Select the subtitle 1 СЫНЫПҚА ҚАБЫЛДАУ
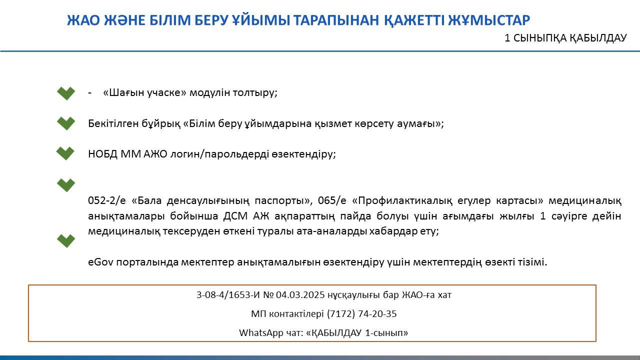coord(565,38)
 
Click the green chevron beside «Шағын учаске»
coord(66,93)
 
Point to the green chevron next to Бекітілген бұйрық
coord(66,123)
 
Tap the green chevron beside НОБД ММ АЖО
coord(65,153)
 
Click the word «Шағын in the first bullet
coord(123,92)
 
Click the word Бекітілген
coord(113,123)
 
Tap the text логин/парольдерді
coord(219,154)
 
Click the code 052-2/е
coord(107,200)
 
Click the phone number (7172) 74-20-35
coord(361,313)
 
